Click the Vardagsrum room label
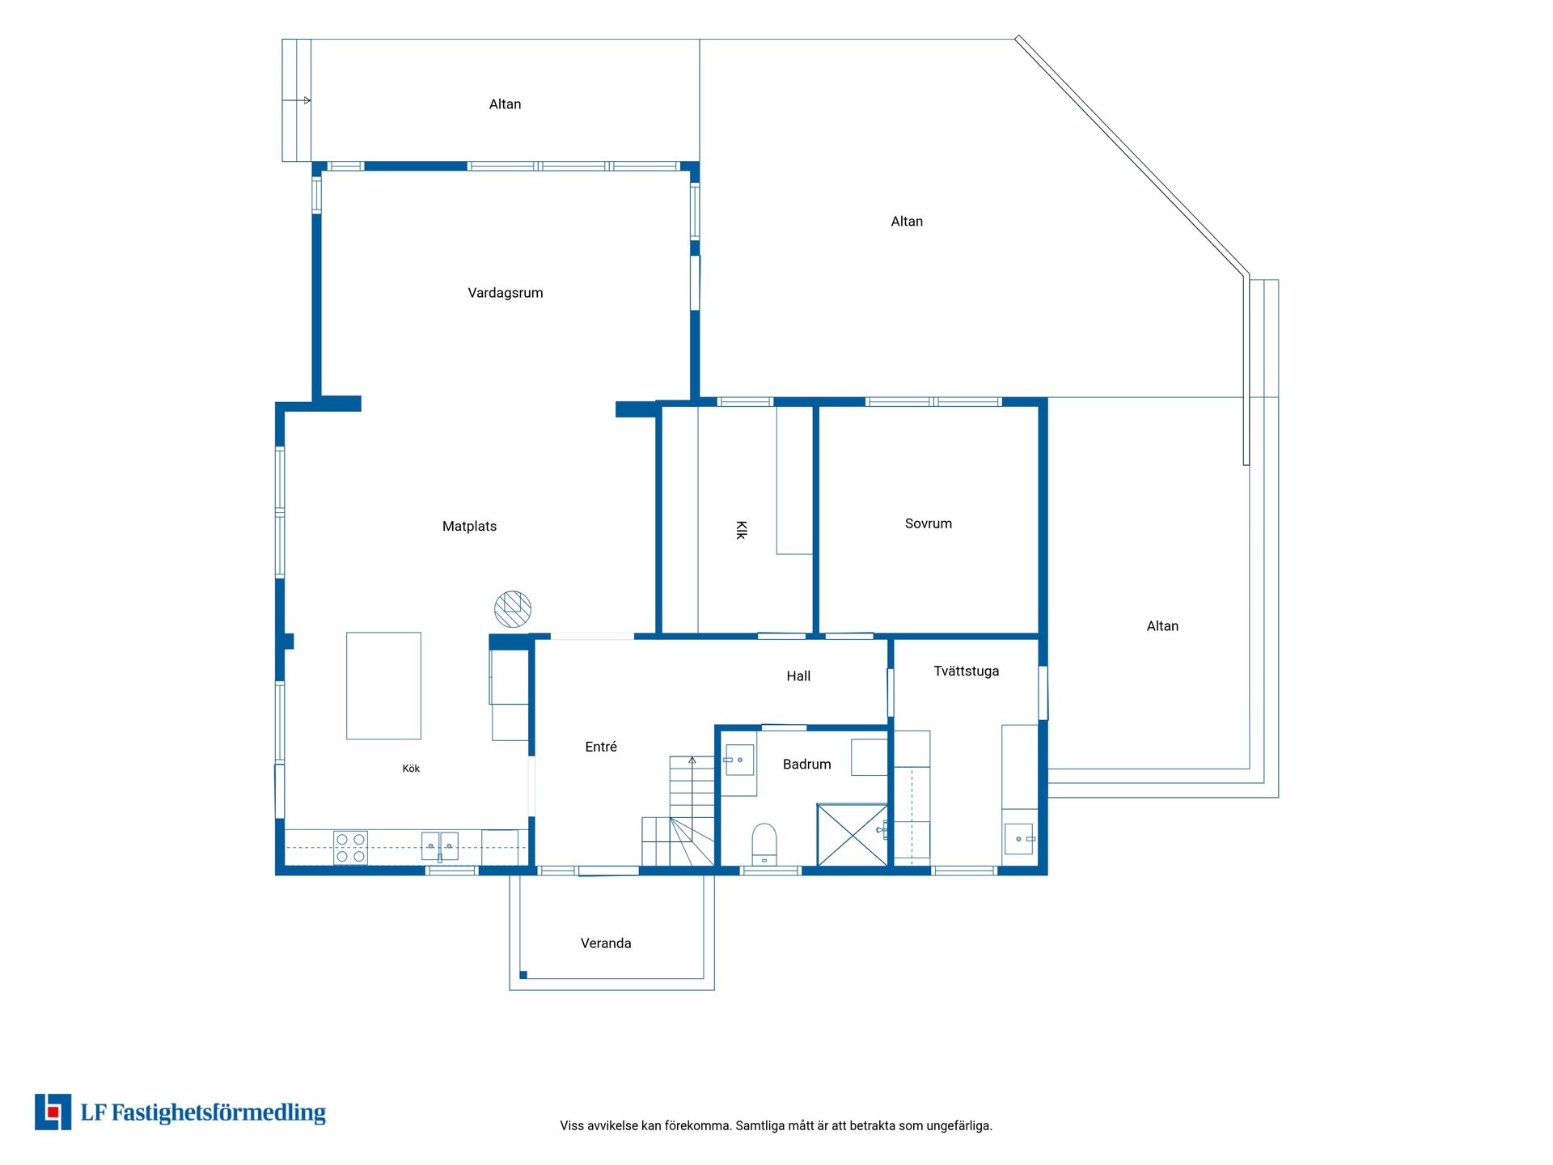coord(506,293)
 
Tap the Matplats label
coord(469,527)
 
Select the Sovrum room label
coord(929,523)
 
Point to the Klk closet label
coord(741,530)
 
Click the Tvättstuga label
coord(967,671)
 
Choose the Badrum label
coord(807,765)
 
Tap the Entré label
coord(601,747)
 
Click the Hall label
coord(798,676)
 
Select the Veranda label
coord(606,943)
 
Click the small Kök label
coord(411,769)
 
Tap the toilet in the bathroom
coord(764,844)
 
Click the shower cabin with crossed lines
coord(853,835)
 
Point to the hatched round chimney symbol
coord(513,609)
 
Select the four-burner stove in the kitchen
coord(350,848)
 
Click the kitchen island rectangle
coord(383,686)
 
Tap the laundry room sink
coord(1019,839)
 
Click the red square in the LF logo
coord(53,1112)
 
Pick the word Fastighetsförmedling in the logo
coord(218,1113)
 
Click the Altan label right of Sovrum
coord(1162,626)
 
